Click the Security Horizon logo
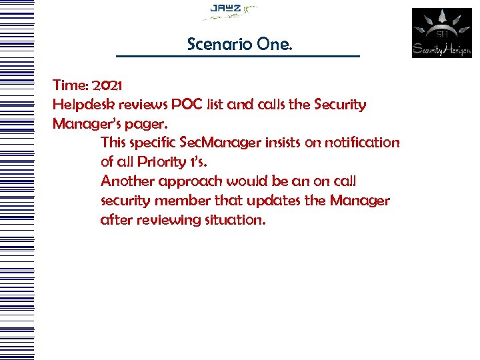coord(441,33)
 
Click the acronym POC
coord(189,105)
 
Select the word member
coord(183,201)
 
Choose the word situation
coord(233,220)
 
